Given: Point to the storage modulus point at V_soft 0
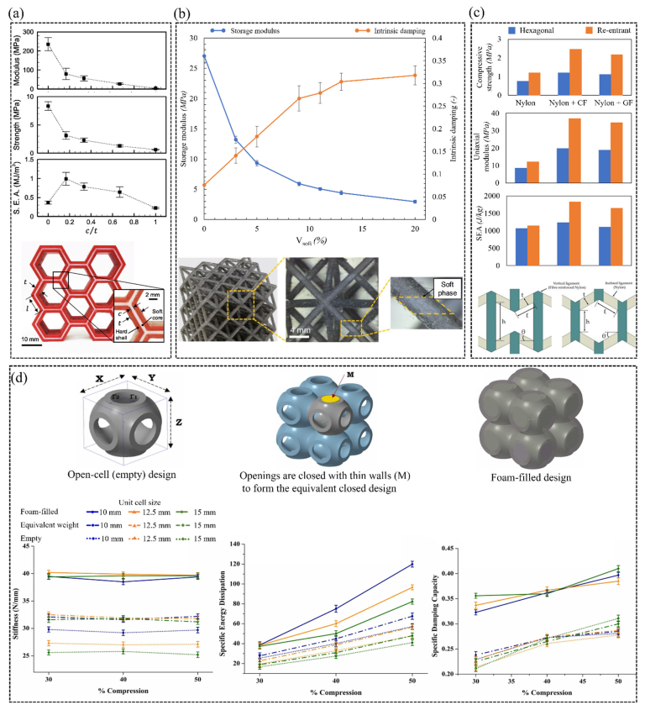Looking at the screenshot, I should (x=204, y=56).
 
